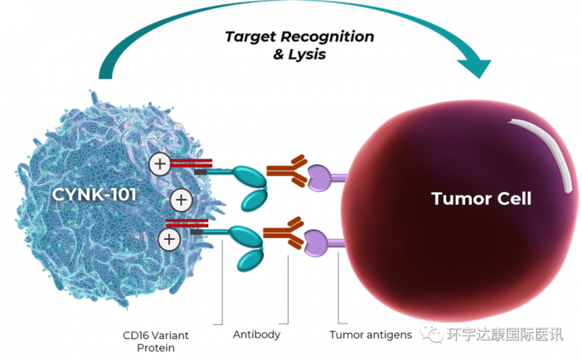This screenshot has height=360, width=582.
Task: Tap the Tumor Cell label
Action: pyautogui.click(x=481, y=198)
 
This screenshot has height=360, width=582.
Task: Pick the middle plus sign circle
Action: pyautogui.click(x=180, y=199)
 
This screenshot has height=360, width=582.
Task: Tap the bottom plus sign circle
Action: pyautogui.click(x=170, y=239)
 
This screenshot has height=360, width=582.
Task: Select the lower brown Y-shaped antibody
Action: pyautogui.click(x=284, y=233)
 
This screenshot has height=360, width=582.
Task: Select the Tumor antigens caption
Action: pyautogui.click(x=370, y=335)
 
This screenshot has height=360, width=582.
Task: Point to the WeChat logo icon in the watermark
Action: pyautogui.click(x=434, y=335)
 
